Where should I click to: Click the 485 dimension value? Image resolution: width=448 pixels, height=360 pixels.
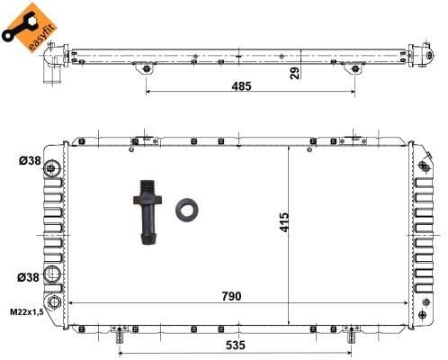tap(241, 86)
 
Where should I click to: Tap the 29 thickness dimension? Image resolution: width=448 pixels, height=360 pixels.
tap(295, 73)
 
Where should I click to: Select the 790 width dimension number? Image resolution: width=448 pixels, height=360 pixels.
tap(231, 296)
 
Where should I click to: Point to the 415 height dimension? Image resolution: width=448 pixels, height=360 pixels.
tap(284, 222)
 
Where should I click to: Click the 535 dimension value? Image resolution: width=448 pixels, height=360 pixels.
tap(236, 346)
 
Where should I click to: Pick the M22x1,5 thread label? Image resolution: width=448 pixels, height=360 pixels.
tap(27, 312)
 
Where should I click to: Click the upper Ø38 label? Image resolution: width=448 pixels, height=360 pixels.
tap(30, 161)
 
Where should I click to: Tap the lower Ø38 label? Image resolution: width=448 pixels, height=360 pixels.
tap(28, 277)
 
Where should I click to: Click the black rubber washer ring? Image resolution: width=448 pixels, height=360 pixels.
tap(186, 210)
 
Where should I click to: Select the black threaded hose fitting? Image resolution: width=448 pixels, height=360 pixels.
tap(148, 212)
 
